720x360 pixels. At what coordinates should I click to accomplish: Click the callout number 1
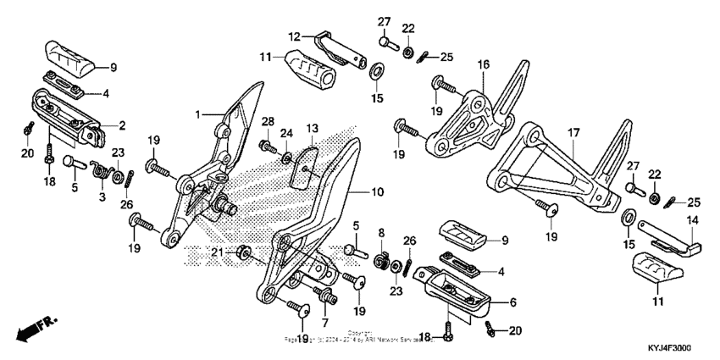(x=197, y=114)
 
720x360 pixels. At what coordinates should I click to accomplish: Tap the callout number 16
(x=483, y=64)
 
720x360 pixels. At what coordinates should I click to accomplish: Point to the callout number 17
(x=573, y=132)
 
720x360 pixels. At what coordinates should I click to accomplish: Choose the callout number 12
(x=294, y=36)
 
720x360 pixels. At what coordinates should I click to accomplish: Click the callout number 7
(x=324, y=323)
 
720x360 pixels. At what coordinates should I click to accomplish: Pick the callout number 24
(x=286, y=133)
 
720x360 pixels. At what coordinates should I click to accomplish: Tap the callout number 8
(x=381, y=232)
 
